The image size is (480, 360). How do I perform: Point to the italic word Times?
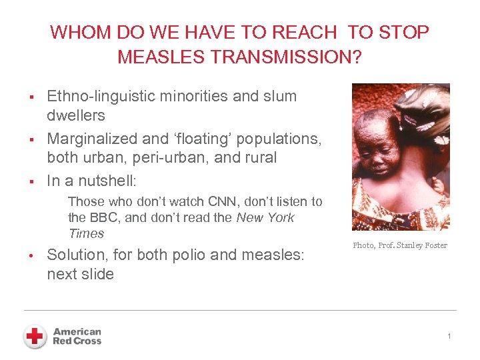coord(86,233)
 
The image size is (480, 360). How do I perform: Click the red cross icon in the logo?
coord(35,337)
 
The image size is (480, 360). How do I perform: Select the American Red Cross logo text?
coord(77,336)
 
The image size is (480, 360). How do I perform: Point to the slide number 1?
coord(449,337)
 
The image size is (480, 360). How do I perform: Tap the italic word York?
coord(279,217)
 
